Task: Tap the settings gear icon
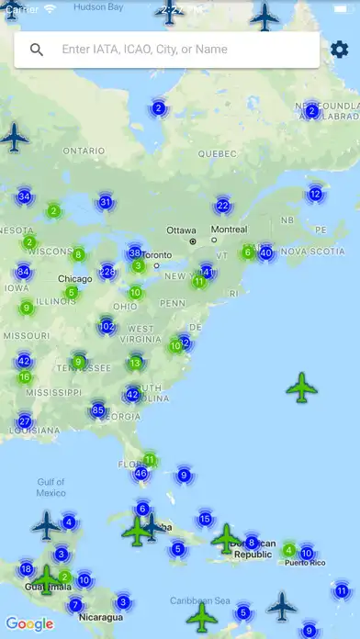click(340, 50)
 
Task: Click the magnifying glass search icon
click(37, 50)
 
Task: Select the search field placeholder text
click(144, 50)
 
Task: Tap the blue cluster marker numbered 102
click(107, 326)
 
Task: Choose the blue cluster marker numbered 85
click(98, 409)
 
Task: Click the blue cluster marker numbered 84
click(24, 272)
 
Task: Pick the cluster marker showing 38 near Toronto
click(135, 252)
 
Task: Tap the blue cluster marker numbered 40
click(266, 252)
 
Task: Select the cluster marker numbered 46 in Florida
click(141, 474)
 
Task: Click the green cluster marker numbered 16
click(25, 376)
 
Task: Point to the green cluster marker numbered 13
click(136, 363)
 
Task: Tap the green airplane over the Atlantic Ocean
click(302, 387)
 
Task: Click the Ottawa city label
click(181, 230)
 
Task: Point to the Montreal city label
click(229, 230)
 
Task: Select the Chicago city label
click(74, 279)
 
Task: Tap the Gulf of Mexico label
click(51, 488)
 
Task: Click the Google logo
click(30, 624)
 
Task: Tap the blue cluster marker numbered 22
click(223, 206)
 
